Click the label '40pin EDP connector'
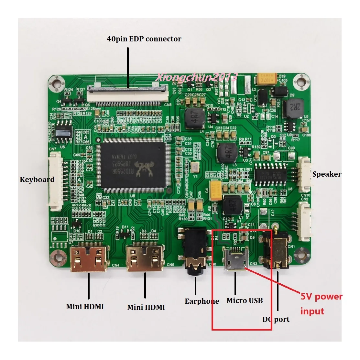click(x=144, y=39)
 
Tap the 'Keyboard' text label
click(x=37, y=180)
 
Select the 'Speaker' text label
click(x=327, y=174)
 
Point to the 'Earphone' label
click(x=202, y=301)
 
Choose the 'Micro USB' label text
click(x=245, y=300)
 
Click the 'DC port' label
click(x=276, y=319)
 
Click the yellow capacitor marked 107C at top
click(x=267, y=78)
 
